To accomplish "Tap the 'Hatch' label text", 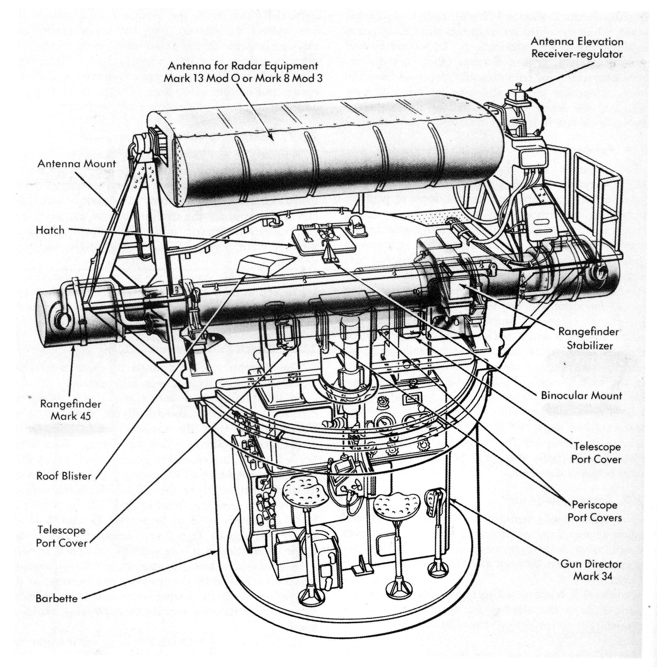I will click(50, 230).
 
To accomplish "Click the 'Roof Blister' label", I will click(64, 476).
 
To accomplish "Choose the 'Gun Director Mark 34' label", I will click(591, 570).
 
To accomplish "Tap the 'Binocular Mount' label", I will click(581, 395).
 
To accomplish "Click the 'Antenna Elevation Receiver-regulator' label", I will click(577, 48).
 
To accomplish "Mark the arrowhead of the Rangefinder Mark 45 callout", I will click(73, 349).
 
